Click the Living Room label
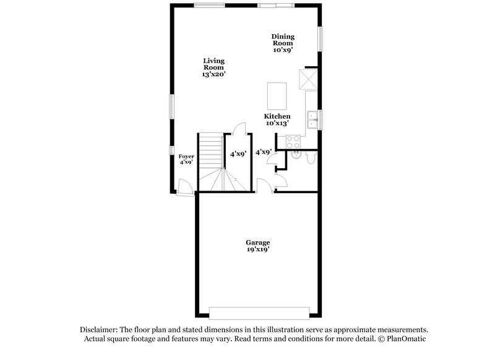(x=213, y=64)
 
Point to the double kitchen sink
(x=312, y=119)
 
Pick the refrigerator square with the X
(x=308, y=79)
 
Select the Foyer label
(x=186, y=157)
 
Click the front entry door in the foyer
(x=184, y=186)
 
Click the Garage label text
(x=257, y=242)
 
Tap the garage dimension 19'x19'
(x=257, y=250)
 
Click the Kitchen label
(x=277, y=116)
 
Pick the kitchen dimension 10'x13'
(x=277, y=124)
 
